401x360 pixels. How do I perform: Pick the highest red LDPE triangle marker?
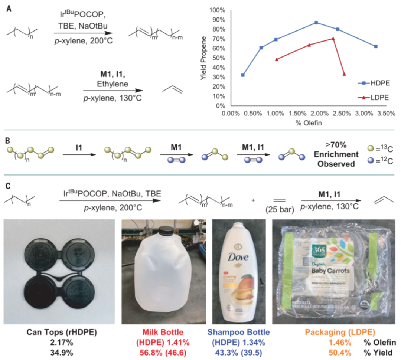(333, 39)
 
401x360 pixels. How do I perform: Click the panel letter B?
(8, 136)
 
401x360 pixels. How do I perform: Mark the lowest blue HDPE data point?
(243, 75)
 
